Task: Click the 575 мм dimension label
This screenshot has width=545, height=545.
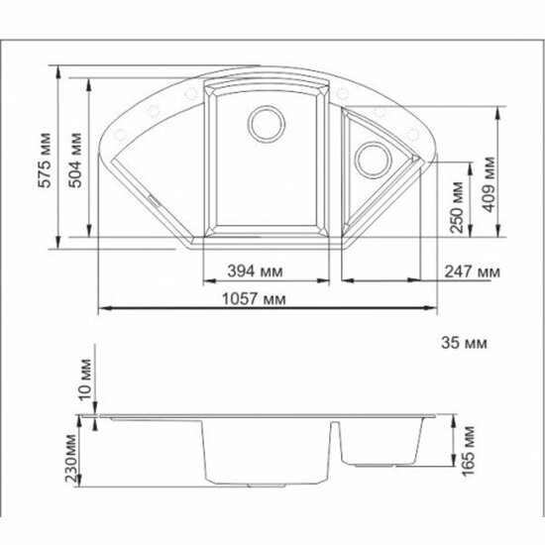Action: [45, 161]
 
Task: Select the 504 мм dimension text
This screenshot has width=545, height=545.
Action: [75, 161]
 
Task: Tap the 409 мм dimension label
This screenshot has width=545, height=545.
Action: [490, 184]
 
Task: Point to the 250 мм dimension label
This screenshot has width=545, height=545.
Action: [457, 207]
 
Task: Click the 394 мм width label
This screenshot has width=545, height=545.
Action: [255, 272]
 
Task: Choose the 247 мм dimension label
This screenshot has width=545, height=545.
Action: [473, 272]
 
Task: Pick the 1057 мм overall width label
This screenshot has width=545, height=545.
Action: [254, 298]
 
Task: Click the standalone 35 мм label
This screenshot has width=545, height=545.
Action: [464, 343]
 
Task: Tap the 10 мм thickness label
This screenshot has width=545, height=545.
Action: [85, 380]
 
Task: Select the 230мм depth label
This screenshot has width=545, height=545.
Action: [71, 458]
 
